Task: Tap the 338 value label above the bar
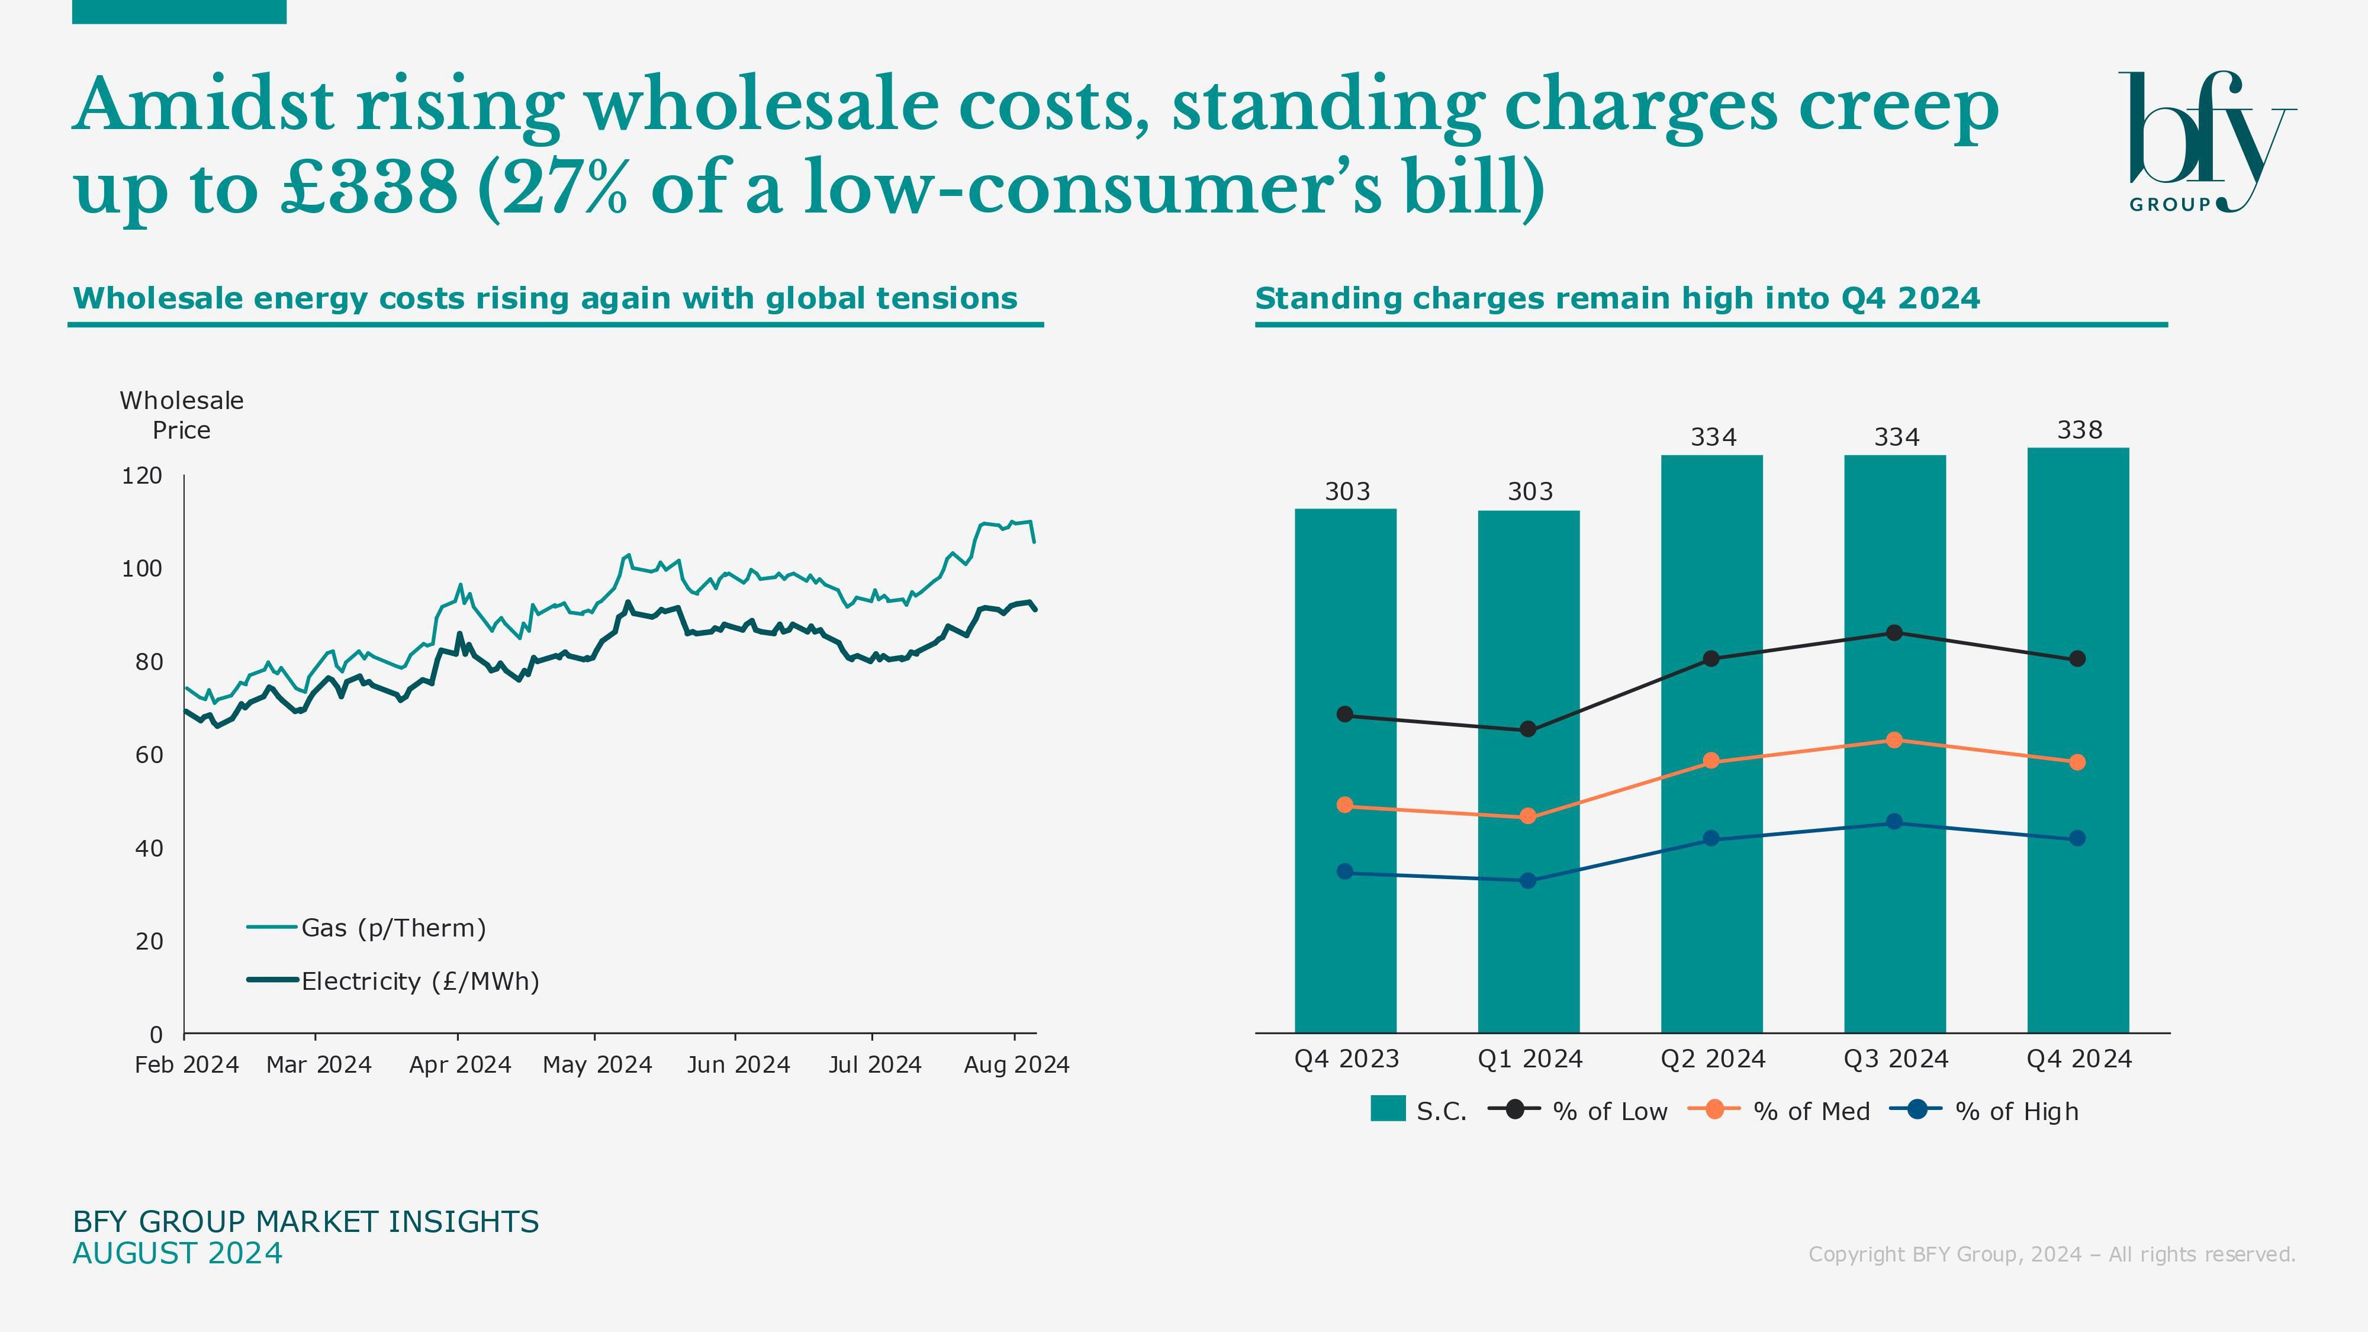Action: coord(2079,430)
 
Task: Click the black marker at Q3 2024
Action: coord(1894,632)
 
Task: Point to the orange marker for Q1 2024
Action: coord(1528,816)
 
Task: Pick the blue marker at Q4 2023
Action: coord(1345,871)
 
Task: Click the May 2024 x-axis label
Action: coord(597,1064)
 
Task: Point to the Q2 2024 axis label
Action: coord(1713,1059)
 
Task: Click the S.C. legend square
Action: coord(1387,1109)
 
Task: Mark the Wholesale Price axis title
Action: coord(182,416)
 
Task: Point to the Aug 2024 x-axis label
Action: coord(1016,1064)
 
